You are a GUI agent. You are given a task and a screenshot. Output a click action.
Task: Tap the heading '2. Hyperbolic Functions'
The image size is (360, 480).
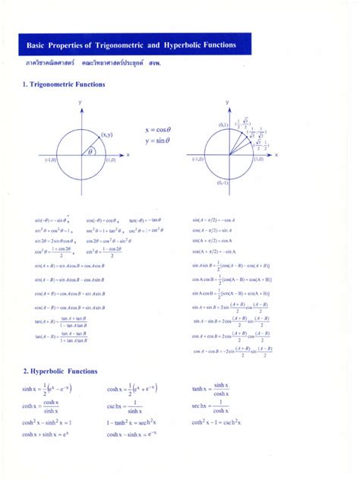[60, 371]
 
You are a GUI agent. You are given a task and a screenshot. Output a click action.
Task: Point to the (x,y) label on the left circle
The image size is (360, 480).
[106, 134]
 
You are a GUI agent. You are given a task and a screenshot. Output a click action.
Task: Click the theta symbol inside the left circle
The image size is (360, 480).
[90, 151]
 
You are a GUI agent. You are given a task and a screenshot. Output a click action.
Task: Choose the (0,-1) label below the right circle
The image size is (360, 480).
[223, 183]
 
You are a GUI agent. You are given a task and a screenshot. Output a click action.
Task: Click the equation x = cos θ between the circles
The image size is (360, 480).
[156, 130]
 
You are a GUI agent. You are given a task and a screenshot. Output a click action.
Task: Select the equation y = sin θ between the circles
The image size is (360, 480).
[156, 141]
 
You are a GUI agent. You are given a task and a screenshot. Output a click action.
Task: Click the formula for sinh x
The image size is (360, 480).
[51, 389]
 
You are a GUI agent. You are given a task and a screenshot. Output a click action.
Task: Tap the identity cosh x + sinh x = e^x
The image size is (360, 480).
[46, 434]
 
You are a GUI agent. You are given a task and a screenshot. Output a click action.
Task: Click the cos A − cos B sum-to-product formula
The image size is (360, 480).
[232, 350]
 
